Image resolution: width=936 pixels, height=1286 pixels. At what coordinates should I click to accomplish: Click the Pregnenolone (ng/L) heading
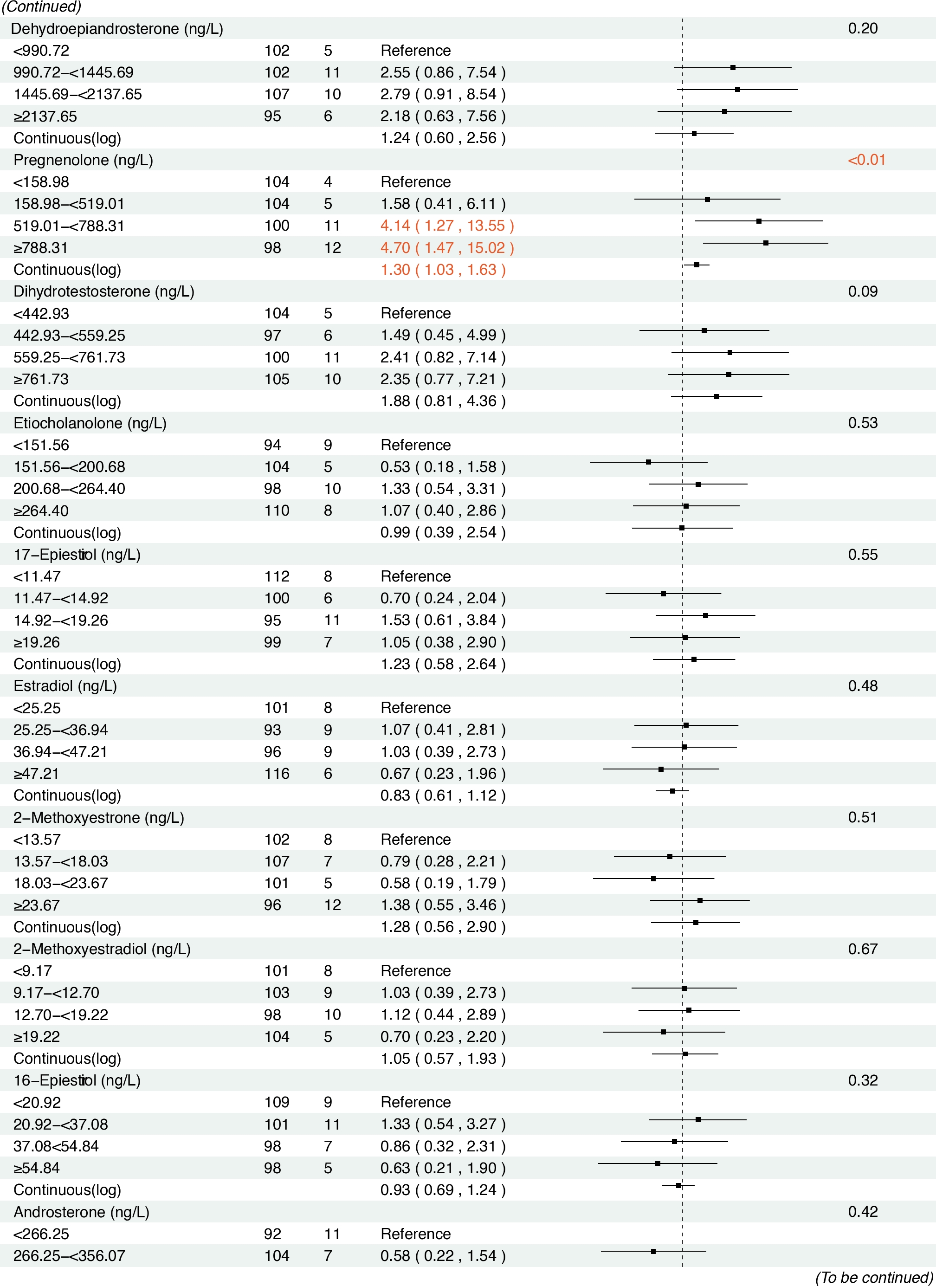pyautogui.click(x=83, y=160)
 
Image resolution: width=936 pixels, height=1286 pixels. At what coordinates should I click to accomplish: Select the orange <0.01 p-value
pyautogui.click(x=866, y=160)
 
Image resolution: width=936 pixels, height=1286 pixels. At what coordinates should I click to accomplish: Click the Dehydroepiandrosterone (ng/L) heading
pyautogui.click(x=117, y=29)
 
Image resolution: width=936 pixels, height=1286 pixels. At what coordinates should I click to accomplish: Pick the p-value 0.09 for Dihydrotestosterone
pyautogui.click(x=862, y=291)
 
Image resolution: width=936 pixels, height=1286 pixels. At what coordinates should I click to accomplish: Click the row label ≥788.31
pyautogui.click(x=41, y=248)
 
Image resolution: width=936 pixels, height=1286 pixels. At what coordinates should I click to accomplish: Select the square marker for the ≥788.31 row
pyautogui.click(x=765, y=243)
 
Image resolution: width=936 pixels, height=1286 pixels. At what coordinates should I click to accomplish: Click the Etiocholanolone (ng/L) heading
pyautogui.click(x=90, y=423)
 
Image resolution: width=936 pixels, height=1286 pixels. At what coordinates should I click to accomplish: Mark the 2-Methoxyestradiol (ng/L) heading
pyautogui.click(x=102, y=949)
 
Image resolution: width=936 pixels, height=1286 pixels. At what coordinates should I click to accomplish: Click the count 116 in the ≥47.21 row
pyautogui.click(x=277, y=774)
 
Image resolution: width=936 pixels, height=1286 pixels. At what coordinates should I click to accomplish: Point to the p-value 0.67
pyautogui.click(x=862, y=949)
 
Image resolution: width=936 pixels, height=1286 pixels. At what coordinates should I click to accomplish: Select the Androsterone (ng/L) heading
pyautogui.click(x=81, y=1212)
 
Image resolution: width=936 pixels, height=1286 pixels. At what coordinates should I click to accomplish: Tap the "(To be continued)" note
pyautogui.click(x=874, y=1277)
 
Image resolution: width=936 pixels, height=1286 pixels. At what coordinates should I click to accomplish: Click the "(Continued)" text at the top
pyautogui.click(x=41, y=7)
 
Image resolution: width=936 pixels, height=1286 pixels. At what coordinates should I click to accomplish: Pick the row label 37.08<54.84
pyautogui.click(x=56, y=1146)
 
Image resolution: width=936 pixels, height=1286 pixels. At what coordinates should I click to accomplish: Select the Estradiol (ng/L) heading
pyautogui.click(x=65, y=686)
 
